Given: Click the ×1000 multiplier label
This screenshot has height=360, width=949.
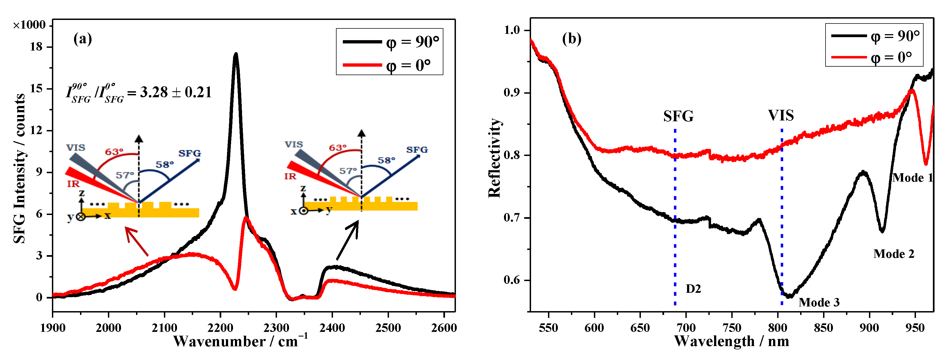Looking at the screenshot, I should pyautogui.click(x=30, y=25).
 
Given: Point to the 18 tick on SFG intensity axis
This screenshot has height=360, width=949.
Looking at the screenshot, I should pyautogui.click(x=37, y=47).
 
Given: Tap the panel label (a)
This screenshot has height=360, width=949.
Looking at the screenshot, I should pyautogui.click(x=82, y=39).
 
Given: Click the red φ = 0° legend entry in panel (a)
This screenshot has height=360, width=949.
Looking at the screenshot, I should pyautogui.click(x=391, y=65).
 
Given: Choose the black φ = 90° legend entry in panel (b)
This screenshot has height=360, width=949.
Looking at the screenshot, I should pyautogui.click(x=875, y=36).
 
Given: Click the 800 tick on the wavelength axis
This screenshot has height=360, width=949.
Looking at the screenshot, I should pyautogui.click(x=777, y=327).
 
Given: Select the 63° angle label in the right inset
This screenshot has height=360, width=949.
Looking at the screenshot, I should pyautogui.click(x=337, y=148).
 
